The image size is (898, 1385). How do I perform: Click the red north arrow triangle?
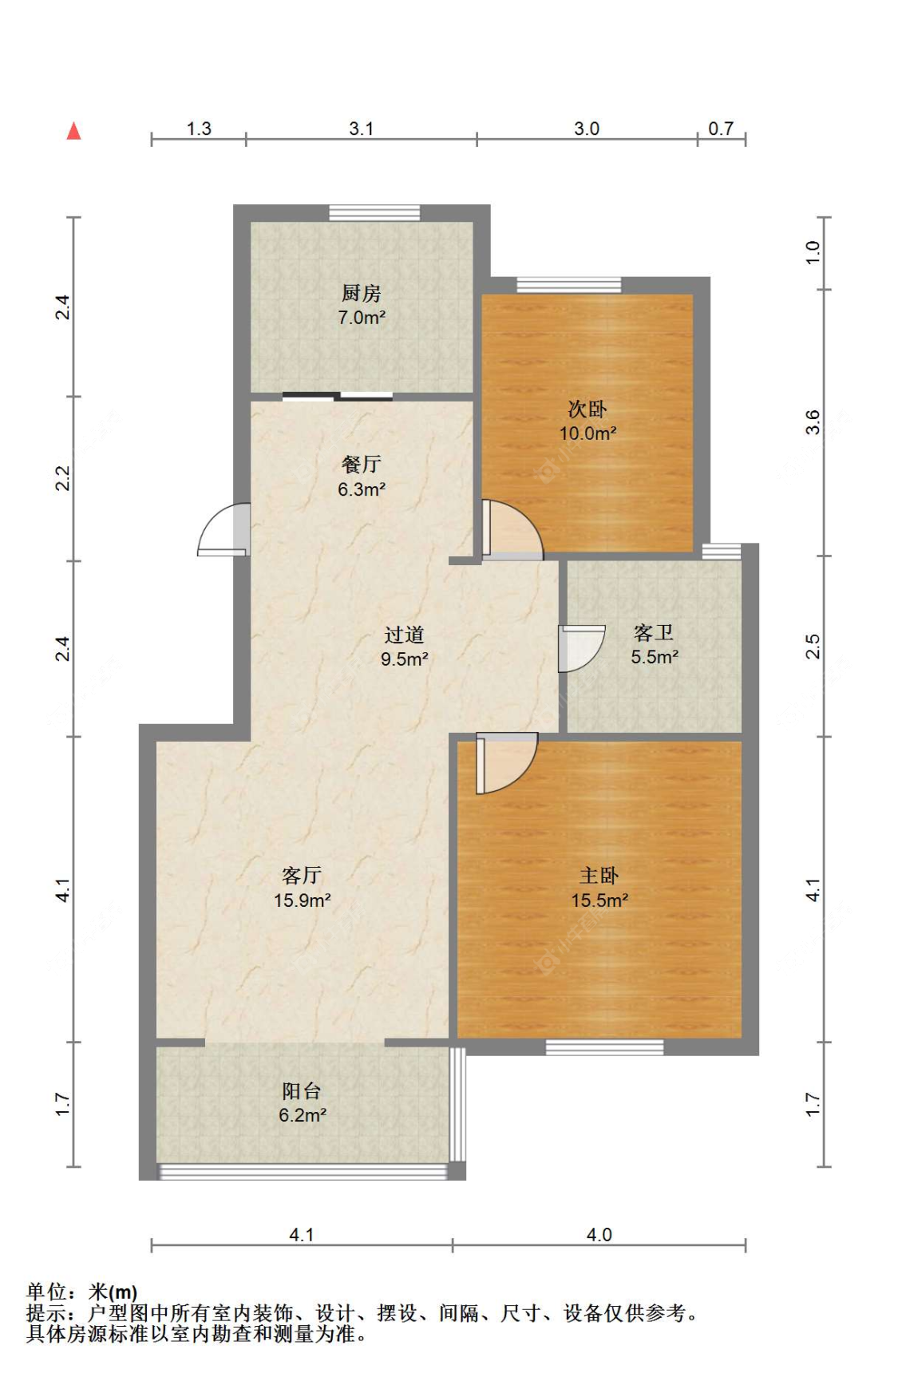pyautogui.click(x=73, y=130)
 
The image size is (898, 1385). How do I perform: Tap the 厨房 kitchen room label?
pyautogui.click(x=362, y=293)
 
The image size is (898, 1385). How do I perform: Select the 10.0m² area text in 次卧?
pyautogui.click(x=587, y=433)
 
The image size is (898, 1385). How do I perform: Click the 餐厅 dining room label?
pyautogui.click(x=362, y=464)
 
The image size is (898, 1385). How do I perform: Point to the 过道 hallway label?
pyautogui.click(x=404, y=635)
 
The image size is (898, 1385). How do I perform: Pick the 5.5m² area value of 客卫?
pyautogui.click(x=655, y=657)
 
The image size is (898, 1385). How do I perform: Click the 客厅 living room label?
pyautogui.click(x=302, y=876)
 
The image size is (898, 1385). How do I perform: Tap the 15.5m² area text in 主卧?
pyautogui.click(x=599, y=900)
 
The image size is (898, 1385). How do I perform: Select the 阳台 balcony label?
pyautogui.click(x=302, y=1090)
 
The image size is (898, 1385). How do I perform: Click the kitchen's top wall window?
pyautogui.click(x=374, y=213)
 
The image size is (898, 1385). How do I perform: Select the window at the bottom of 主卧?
pyautogui.click(x=604, y=1047)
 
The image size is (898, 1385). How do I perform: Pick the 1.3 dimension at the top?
pyautogui.click(x=199, y=129)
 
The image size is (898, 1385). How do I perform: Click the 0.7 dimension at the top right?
pyautogui.click(x=721, y=129)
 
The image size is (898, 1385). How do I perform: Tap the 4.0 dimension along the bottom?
pyautogui.click(x=599, y=1235)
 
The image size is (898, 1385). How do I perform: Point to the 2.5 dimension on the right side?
pyautogui.click(x=813, y=646)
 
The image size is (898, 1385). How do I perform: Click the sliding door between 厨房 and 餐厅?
pyautogui.click(x=338, y=396)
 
